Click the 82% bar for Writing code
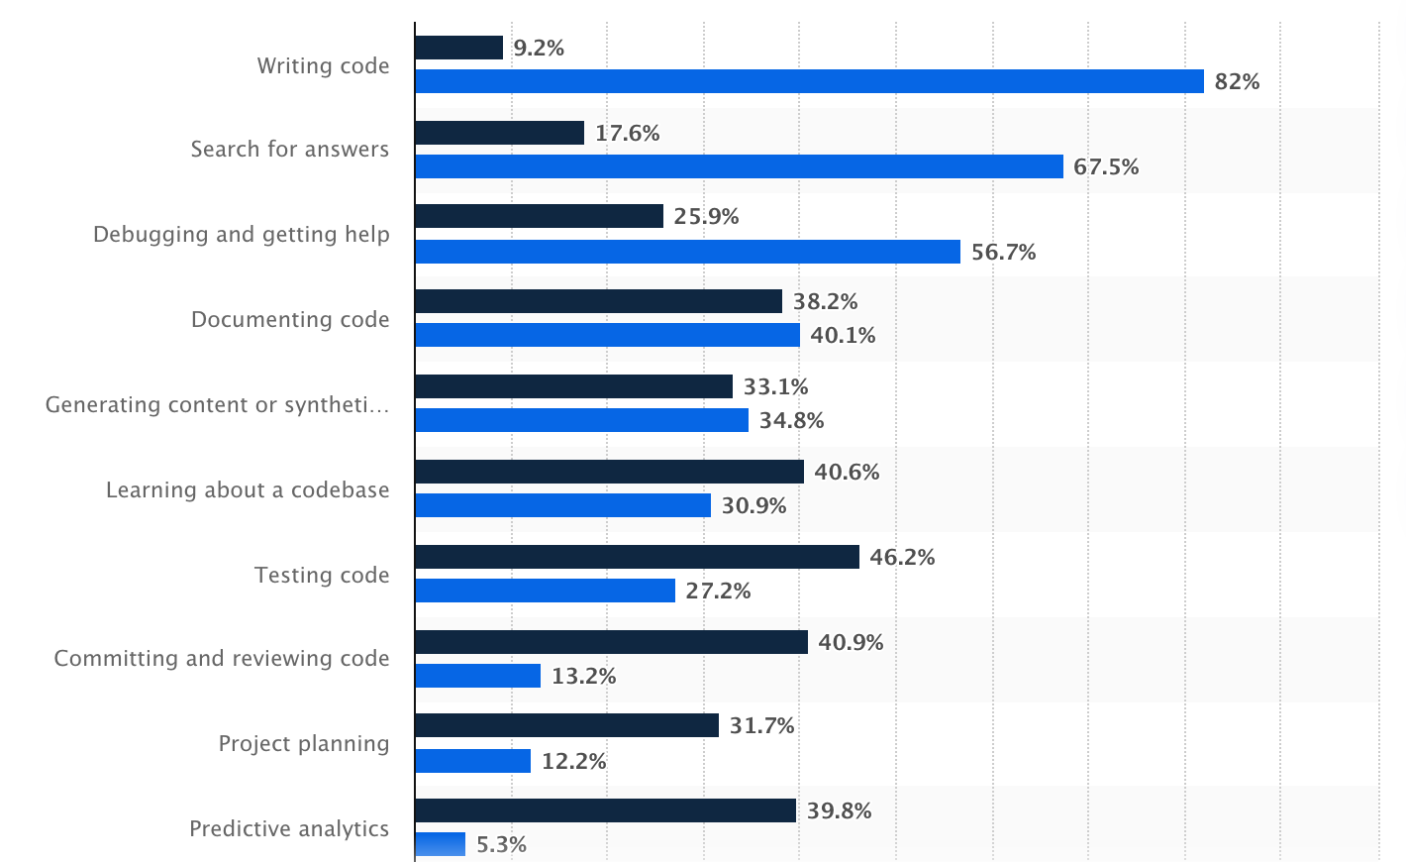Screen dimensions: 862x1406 click(809, 81)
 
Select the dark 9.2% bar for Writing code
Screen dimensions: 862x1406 click(459, 48)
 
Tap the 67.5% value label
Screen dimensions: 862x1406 click(1106, 166)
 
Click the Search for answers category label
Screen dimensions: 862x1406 click(290, 150)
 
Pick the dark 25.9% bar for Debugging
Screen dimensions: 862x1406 click(539, 216)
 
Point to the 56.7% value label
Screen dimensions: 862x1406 click(1003, 252)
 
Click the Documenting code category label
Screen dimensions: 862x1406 click(290, 320)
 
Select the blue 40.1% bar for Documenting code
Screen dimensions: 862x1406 click(607, 335)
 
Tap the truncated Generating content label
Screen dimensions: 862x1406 click(217, 405)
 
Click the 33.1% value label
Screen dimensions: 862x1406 click(775, 386)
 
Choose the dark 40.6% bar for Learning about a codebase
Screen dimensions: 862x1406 click(609, 472)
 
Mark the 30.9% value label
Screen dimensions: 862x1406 click(753, 505)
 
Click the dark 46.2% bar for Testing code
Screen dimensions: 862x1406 click(637, 557)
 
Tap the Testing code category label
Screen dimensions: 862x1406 click(322, 576)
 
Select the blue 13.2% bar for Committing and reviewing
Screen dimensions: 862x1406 click(477, 676)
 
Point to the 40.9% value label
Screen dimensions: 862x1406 click(851, 642)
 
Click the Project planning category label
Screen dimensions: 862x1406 click(304, 744)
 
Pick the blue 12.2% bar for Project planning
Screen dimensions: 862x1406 click(472, 761)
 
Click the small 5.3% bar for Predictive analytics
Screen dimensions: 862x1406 click(440, 844)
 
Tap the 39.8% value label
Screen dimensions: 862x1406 click(839, 810)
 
